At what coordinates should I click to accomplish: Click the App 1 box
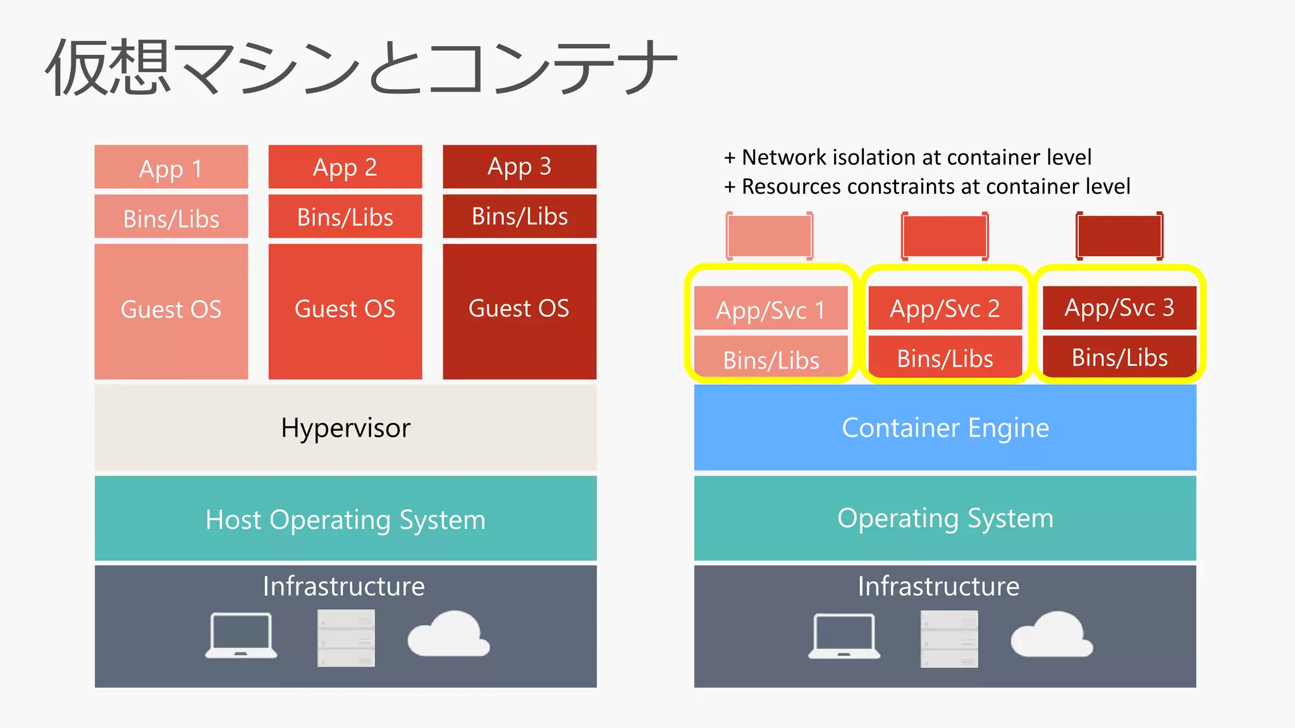171,167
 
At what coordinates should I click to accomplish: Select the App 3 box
519,167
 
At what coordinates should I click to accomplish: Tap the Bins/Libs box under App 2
345,217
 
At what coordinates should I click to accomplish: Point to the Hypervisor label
345,428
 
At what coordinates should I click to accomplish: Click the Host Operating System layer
345,519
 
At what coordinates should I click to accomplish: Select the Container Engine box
945,428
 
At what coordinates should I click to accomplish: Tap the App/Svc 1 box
770,309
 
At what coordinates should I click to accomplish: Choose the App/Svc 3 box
1119,308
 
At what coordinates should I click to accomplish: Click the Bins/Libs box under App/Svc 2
945,358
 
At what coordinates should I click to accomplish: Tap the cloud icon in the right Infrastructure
1052,635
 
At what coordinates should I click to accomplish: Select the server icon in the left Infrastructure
346,638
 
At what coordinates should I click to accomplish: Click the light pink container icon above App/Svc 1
770,236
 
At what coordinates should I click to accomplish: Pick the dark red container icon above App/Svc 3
1119,236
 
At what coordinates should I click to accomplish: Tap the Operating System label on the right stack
945,518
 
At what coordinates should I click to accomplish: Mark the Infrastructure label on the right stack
938,586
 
